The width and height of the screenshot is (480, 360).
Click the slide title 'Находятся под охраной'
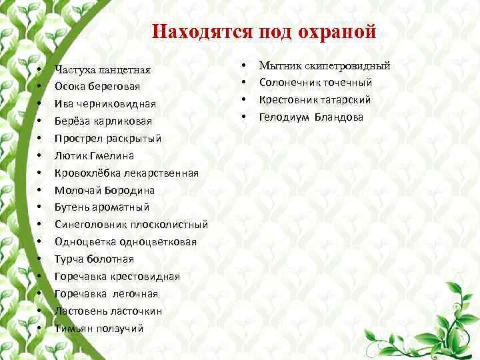click(263, 32)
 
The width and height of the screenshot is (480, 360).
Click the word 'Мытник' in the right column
click(277, 65)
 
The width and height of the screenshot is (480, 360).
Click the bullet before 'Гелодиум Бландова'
click(244, 117)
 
